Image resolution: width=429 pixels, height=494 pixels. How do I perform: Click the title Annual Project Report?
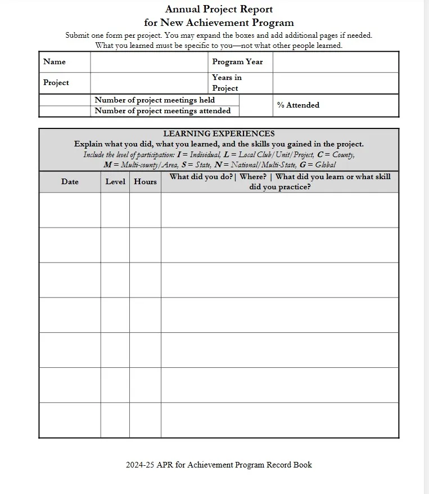click(219, 9)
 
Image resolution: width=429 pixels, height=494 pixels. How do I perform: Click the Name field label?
click(55, 62)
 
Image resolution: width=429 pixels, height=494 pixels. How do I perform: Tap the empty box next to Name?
click(148, 62)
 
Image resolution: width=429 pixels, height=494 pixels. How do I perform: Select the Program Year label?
click(237, 62)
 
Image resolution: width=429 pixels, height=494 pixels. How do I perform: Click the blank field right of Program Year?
click(335, 62)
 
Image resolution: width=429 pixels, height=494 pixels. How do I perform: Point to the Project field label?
click(56, 83)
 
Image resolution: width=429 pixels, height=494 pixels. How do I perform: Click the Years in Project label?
click(227, 83)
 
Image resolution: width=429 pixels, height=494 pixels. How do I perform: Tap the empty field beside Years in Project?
click(335, 83)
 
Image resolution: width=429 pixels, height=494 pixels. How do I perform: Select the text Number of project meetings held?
click(155, 100)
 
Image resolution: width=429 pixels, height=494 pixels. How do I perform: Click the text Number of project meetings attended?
click(162, 111)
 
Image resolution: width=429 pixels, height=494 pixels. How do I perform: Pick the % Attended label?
click(298, 105)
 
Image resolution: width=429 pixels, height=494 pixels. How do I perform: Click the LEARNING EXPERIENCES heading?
click(219, 134)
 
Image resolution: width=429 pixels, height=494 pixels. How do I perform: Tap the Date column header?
click(70, 182)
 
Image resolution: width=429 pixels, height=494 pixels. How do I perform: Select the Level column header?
click(115, 182)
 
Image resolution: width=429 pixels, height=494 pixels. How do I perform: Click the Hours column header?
click(145, 182)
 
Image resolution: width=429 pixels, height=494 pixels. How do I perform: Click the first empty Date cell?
click(70, 210)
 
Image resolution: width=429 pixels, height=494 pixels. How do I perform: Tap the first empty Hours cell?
click(145, 210)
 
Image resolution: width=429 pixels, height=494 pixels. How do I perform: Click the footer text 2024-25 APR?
click(219, 465)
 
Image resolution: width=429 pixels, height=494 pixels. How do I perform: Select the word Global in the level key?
click(326, 165)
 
